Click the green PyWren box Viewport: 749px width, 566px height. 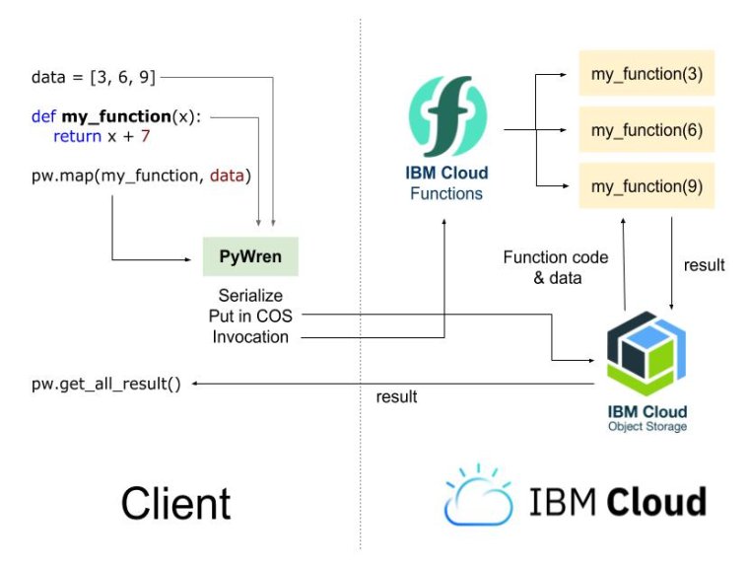click(x=250, y=255)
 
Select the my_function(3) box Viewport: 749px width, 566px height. click(x=646, y=73)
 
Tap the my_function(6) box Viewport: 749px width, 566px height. click(x=646, y=129)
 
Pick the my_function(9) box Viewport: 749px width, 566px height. click(x=646, y=185)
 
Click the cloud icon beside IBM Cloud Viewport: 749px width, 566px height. click(x=478, y=496)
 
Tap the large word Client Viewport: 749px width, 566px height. click(x=175, y=503)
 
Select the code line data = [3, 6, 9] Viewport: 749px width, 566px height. click(x=93, y=75)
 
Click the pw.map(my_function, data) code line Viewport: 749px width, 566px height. click(x=141, y=177)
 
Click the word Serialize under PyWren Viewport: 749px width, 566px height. click(x=250, y=295)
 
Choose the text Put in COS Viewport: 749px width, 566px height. click(x=250, y=316)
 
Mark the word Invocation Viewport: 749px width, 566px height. click(x=250, y=336)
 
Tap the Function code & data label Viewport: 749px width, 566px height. click(x=555, y=267)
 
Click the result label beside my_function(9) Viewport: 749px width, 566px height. click(x=704, y=264)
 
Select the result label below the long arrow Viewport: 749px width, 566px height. click(x=396, y=397)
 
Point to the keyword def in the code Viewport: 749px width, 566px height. click(x=42, y=116)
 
